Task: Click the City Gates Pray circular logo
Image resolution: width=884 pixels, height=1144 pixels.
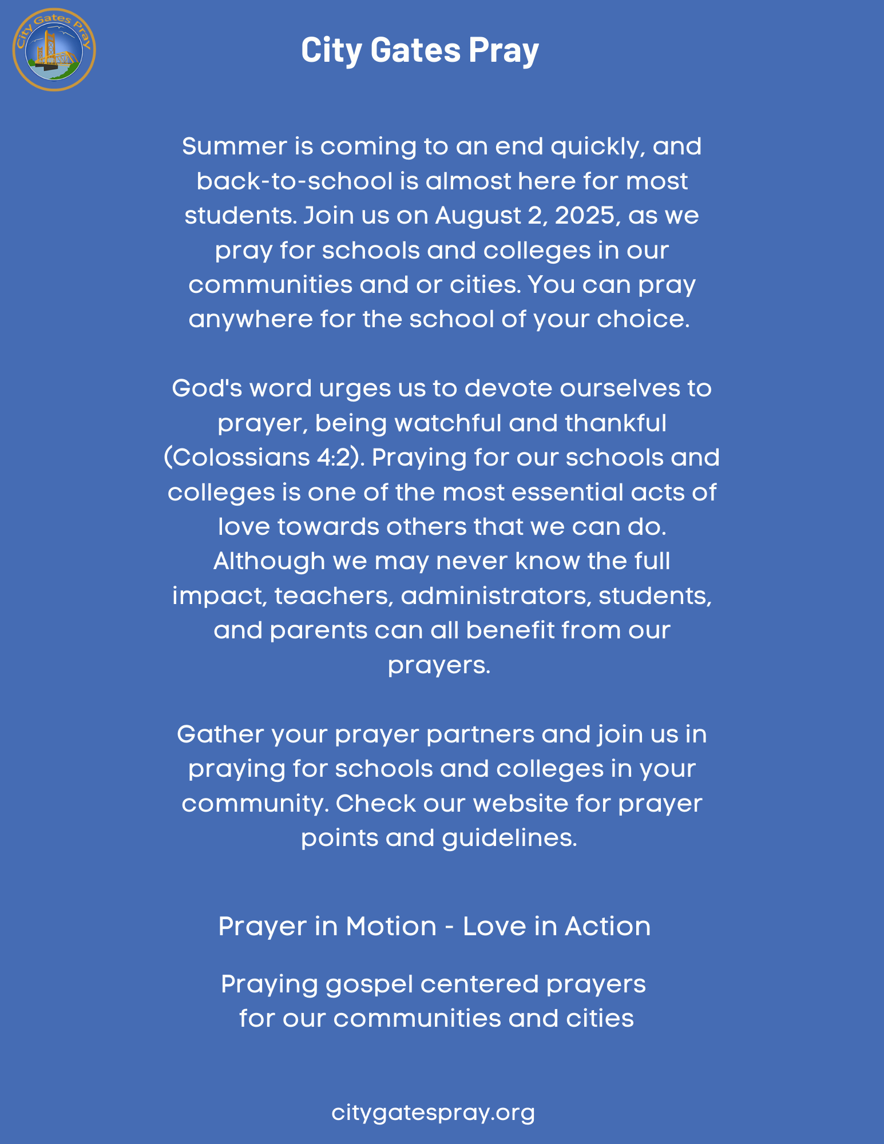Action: coord(54,49)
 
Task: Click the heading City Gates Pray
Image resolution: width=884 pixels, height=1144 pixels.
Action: coord(419,50)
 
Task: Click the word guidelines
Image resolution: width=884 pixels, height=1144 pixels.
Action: coord(509,838)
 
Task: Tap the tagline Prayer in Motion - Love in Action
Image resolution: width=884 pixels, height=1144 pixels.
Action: coord(434,926)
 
